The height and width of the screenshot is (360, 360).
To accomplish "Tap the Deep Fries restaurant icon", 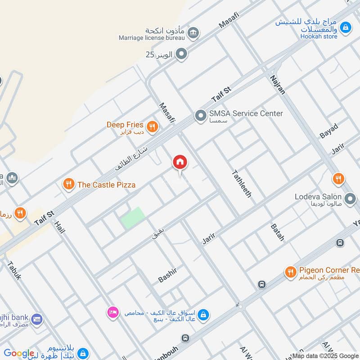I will click(152, 127).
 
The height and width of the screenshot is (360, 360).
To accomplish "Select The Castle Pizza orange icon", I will click(68, 184).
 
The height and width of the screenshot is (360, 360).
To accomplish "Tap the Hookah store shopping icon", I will click(345, 27).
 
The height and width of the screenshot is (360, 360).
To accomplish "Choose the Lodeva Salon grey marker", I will click(350, 198).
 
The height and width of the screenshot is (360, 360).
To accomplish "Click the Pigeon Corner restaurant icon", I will click(290, 272).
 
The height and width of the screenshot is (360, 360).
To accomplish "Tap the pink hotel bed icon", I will click(112, 311).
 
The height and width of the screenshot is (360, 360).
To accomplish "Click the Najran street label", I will click(278, 85).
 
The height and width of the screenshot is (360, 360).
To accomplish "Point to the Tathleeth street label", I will click(241, 184).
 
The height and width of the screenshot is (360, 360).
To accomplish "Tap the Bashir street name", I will click(167, 275).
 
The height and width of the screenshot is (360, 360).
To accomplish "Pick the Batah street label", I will click(277, 232).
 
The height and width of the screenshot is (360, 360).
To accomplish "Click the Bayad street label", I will click(328, 130).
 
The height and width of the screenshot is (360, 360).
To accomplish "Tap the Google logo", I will click(19, 354).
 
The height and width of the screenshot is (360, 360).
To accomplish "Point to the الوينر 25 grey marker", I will click(181, 55).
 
